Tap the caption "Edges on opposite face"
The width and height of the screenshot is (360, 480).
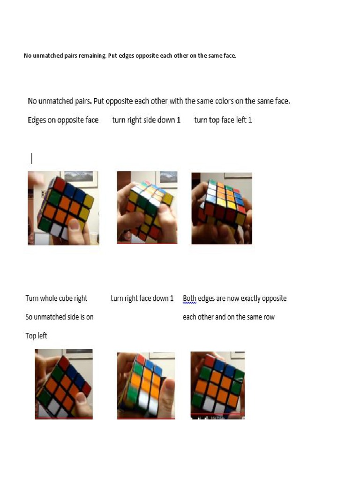click(x=63, y=120)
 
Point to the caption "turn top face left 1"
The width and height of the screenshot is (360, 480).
click(x=223, y=120)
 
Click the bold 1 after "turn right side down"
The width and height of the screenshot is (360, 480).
click(x=179, y=120)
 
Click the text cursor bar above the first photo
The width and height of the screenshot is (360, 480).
click(x=32, y=158)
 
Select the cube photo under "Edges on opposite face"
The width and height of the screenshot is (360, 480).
click(x=63, y=208)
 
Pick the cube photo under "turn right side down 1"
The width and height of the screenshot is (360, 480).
click(x=147, y=207)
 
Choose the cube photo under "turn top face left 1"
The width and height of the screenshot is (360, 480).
click(x=222, y=208)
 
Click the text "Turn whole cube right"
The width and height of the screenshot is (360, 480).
click(x=56, y=299)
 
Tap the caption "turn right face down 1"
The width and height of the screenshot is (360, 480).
click(x=142, y=299)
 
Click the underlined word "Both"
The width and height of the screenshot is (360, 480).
click(x=189, y=299)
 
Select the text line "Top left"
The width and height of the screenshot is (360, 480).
click(x=36, y=336)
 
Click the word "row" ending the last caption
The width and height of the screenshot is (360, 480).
click(x=269, y=317)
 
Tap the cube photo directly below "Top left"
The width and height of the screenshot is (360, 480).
click(x=63, y=384)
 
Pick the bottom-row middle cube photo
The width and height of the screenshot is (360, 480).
click(x=146, y=385)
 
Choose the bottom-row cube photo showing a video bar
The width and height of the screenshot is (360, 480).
click(x=217, y=385)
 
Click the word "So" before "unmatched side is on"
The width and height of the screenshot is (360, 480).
click(x=29, y=317)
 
